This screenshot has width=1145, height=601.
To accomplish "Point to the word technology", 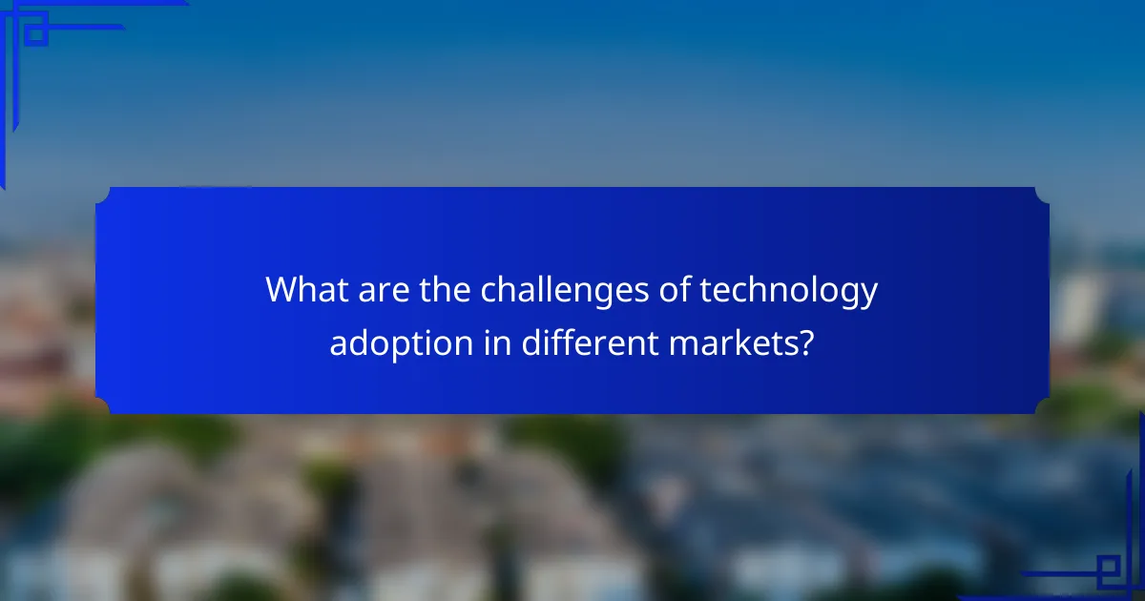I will coord(789,290).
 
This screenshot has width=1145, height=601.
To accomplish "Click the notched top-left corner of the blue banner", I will coord(103,195).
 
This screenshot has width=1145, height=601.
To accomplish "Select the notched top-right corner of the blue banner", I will coord(1042,195).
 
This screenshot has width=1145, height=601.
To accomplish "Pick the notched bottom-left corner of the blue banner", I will coord(103,406).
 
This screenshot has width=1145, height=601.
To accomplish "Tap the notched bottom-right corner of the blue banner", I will coord(1042,406).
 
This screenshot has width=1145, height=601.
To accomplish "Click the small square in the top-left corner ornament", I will coord(35,34).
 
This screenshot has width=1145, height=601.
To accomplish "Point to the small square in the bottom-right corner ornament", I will coord(1108,570).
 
